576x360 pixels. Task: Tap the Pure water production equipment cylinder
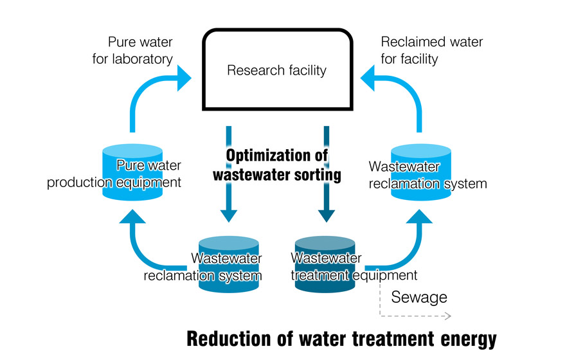132,174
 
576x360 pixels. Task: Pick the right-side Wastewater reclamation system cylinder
421,174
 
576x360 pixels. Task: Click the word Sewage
419,298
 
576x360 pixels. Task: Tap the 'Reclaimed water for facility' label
431,51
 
